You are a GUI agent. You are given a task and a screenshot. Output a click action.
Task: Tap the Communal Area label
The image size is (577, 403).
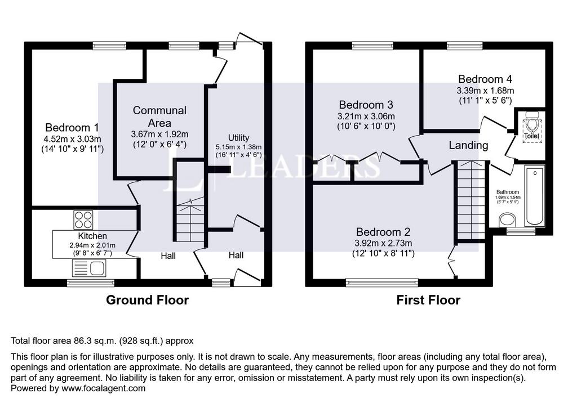coord(159,117)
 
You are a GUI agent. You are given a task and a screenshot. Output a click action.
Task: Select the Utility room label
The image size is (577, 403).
coord(238,138)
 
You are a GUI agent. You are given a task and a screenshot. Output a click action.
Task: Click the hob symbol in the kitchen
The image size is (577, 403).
coord(83,217)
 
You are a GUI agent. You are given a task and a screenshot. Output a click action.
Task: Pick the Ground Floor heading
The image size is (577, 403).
coord(147,300)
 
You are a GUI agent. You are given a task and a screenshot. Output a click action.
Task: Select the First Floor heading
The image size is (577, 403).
coord(428,300)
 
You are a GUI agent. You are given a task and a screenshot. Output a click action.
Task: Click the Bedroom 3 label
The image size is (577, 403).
coord(366,105)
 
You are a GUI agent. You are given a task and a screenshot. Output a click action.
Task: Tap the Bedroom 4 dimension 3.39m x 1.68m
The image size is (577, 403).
coord(485,90)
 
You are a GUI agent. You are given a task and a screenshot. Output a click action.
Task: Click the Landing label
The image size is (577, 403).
coord(468,145)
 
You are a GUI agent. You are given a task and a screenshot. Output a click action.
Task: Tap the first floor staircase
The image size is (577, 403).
coord(471,200)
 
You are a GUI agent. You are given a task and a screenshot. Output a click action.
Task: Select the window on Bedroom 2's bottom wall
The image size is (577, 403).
coord(382,283)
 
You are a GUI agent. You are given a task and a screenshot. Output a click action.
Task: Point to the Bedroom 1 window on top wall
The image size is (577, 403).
coord(109,46)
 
